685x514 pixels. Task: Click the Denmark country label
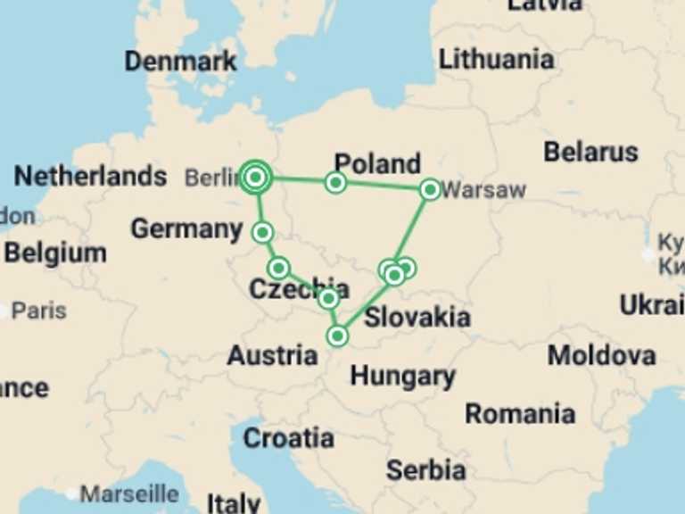(x=181, y=61)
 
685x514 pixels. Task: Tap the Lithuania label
(x=496, y=60)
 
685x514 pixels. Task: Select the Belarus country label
(x=590, y=152)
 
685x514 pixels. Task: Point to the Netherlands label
(x=90, y=176)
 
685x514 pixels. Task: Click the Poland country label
(x=377, y=163)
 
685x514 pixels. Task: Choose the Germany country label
(x=186, y=229)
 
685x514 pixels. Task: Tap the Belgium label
(x=55, y=253)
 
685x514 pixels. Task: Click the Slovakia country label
(x=417, y=316)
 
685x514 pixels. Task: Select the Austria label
(x=272, y=355)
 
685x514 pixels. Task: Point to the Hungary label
(x=403, y=376)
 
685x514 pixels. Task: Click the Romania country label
(x=520, y=413)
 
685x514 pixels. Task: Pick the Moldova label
(x=601, y=355)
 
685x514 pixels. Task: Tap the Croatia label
(x=289, y=438)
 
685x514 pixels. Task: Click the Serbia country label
(x=425, y=469)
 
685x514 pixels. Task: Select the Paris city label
(x=39, y=311)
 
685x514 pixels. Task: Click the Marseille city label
(x=129, y=493)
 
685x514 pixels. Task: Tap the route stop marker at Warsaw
(x=430, y=189)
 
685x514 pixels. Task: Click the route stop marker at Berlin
(x=256, y=178)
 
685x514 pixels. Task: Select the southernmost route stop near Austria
(x=337, y=336)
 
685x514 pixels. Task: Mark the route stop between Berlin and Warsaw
(x=335, y=183)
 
